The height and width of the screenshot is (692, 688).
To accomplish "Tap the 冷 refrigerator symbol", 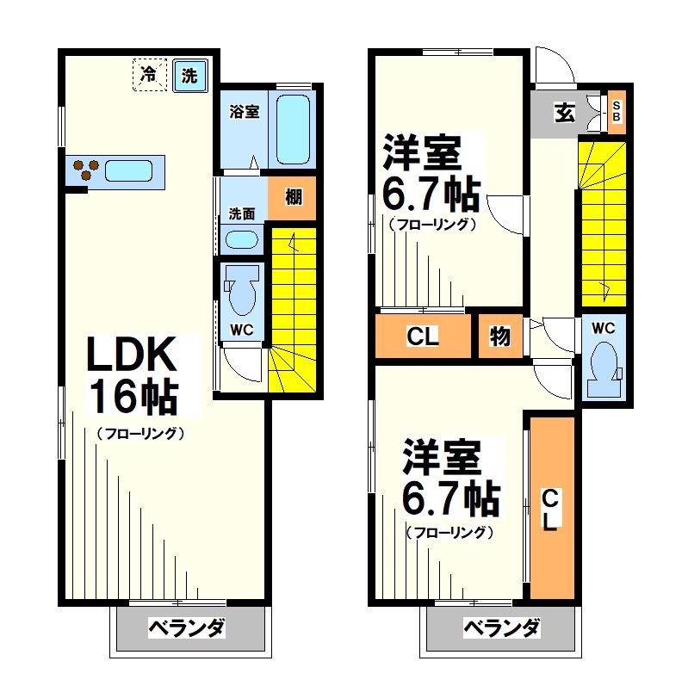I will (x=150, y=74).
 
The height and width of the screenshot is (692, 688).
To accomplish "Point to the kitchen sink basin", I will (x=129, y=170).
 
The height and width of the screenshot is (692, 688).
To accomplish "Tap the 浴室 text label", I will (x=244, y=112).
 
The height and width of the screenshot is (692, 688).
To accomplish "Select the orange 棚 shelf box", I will (x=293, y=197).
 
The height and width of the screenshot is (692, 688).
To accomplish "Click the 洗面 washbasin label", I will (x=241, y=213).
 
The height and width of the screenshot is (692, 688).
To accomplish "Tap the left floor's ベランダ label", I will (x=187, y=627).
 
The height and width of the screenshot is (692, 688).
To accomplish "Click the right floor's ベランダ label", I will (x=502, y=627).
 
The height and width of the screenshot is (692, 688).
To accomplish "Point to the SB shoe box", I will (x=616, y=111).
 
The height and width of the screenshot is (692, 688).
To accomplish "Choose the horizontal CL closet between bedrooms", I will (x=425, y=336).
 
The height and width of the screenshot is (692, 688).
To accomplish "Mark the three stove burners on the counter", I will (x=85, y=170).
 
